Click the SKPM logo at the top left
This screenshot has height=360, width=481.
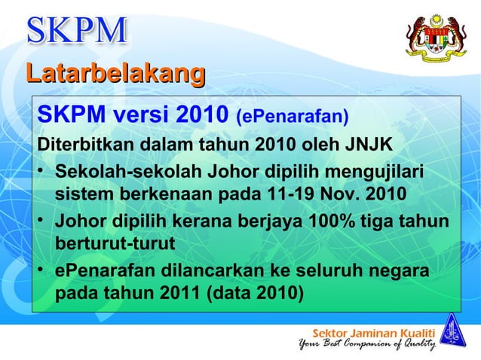click(77, 31)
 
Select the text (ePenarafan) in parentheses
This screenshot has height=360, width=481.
click(293, 117)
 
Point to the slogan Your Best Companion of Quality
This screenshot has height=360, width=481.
click(367, 346)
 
